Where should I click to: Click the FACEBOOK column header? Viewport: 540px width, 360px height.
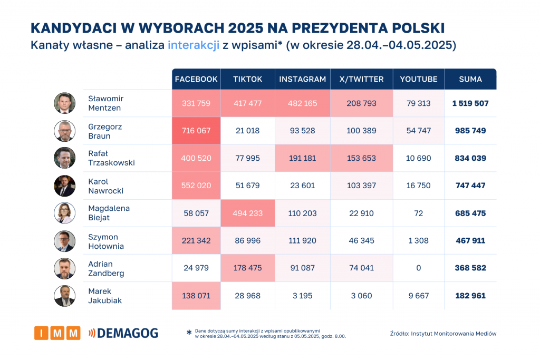tap(196, 79)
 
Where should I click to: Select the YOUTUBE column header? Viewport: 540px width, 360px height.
tap(419, 79)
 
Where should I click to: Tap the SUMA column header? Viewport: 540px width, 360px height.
tap(470, 79)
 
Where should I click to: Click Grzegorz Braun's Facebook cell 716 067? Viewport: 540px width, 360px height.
tap(196, 131)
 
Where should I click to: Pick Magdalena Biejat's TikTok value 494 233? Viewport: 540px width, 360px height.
tap(247, 213)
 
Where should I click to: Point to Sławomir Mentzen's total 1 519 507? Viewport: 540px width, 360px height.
tap(470, 103)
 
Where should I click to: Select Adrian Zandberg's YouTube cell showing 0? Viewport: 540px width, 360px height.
tap(419, 268)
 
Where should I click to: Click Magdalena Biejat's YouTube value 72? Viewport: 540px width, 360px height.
tap(419, 213)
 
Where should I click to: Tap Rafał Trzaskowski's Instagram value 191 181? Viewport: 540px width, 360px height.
tap(302, 158)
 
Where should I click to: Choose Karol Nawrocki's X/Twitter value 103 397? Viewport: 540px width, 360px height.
tap(361, 186)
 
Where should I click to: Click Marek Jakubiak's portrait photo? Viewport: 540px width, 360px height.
tap(64, 296)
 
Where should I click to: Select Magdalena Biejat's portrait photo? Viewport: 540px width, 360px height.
tap(64, 213)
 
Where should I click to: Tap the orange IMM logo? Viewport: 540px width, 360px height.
tap(57, 333)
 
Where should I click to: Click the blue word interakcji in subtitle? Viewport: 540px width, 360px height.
tap(194, 45)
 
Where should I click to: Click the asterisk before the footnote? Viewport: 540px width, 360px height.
tap(189, 333)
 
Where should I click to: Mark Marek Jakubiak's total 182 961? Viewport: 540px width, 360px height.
tap(470, 296)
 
